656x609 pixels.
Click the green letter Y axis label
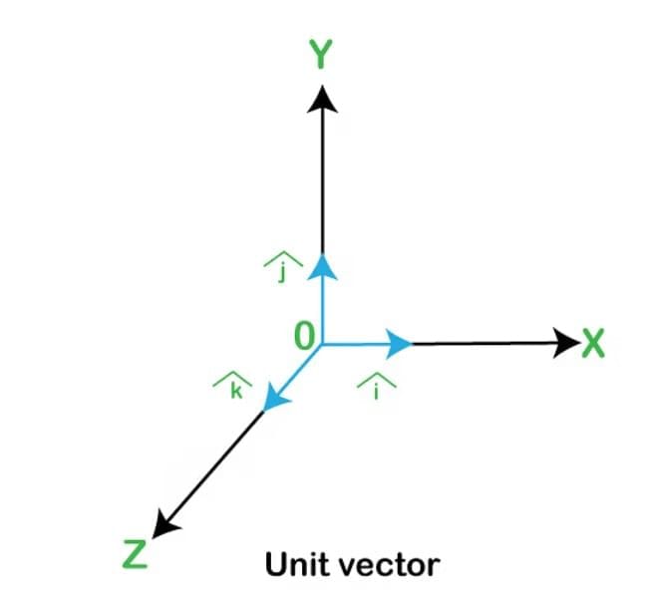[x=320, y=54]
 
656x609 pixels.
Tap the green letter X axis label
[x=593, y=343]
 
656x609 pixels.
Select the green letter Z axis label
[x=135, y=554]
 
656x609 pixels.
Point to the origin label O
[x=304, y=336]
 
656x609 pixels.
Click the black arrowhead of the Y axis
[x=322, y=99]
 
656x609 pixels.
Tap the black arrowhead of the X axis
[x=567, y=343]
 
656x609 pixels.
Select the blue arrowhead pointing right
[x=399, y=344]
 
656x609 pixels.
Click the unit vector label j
[x=283, y=273]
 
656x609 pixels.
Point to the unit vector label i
[x=377, y=393]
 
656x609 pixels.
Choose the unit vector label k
[x=236, y=392]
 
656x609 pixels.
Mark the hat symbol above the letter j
[x=283, y=259]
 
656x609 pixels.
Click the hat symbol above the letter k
[x=232, y=378]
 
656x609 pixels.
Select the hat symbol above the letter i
[x=377, y=379]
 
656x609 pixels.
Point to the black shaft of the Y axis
[x=322, y=183]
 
